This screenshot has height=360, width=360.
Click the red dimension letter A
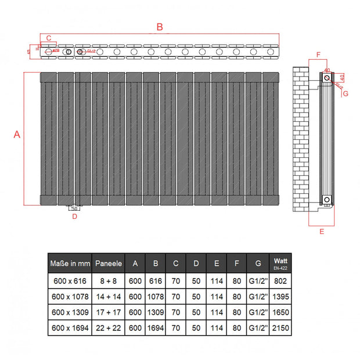click(17, 134)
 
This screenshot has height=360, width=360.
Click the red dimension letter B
click(160, 26)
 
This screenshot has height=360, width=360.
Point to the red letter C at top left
click(49, 38)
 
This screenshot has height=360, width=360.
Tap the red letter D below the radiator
click(74, 217)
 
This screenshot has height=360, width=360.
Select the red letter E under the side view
click(321, 232)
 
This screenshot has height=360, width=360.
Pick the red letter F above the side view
click(318, 55)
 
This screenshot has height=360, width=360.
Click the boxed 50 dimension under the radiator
click(74, 208)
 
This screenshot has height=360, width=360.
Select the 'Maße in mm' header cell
click(70, 263)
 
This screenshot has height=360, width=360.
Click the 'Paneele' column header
click(108, 263)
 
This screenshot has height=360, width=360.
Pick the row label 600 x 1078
click(70, 296)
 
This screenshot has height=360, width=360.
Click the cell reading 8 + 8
click(108, 280)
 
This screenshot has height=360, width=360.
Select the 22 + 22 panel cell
click(108, 328)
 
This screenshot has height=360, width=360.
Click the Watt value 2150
click(280, 328)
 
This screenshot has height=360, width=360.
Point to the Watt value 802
click(280, 280)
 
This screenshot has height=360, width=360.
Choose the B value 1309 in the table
click(156, 312)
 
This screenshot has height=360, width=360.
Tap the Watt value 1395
click(280, 296)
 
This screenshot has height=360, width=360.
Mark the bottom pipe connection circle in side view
click(326, 200)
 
